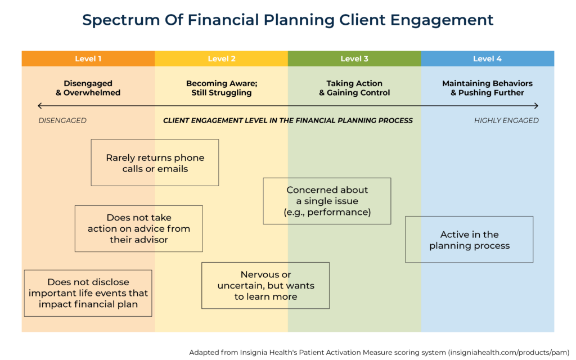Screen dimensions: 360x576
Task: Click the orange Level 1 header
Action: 88,58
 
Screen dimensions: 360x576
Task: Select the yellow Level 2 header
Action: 221,58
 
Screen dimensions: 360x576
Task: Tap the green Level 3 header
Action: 354,58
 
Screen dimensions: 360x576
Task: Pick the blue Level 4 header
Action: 487,58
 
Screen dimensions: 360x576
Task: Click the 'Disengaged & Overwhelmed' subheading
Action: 88,88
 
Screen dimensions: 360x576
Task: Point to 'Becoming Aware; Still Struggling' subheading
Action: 221,88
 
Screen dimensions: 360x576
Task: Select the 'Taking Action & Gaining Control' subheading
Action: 354,88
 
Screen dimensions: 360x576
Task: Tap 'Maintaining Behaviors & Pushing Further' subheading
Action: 487,88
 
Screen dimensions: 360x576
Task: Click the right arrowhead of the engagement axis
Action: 536,106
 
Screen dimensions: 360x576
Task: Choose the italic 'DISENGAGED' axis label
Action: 62,120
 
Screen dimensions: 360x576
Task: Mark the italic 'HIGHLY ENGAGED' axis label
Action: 506,120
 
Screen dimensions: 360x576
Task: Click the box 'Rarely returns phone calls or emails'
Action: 155,163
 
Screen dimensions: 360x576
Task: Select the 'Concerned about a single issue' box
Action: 327,201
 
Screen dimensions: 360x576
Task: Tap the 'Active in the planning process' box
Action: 469,240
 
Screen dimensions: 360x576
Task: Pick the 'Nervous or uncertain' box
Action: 265,286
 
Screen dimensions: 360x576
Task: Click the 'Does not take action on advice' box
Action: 138,228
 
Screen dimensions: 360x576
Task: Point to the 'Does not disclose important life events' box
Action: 88,293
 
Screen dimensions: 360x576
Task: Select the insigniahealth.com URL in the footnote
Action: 506,352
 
